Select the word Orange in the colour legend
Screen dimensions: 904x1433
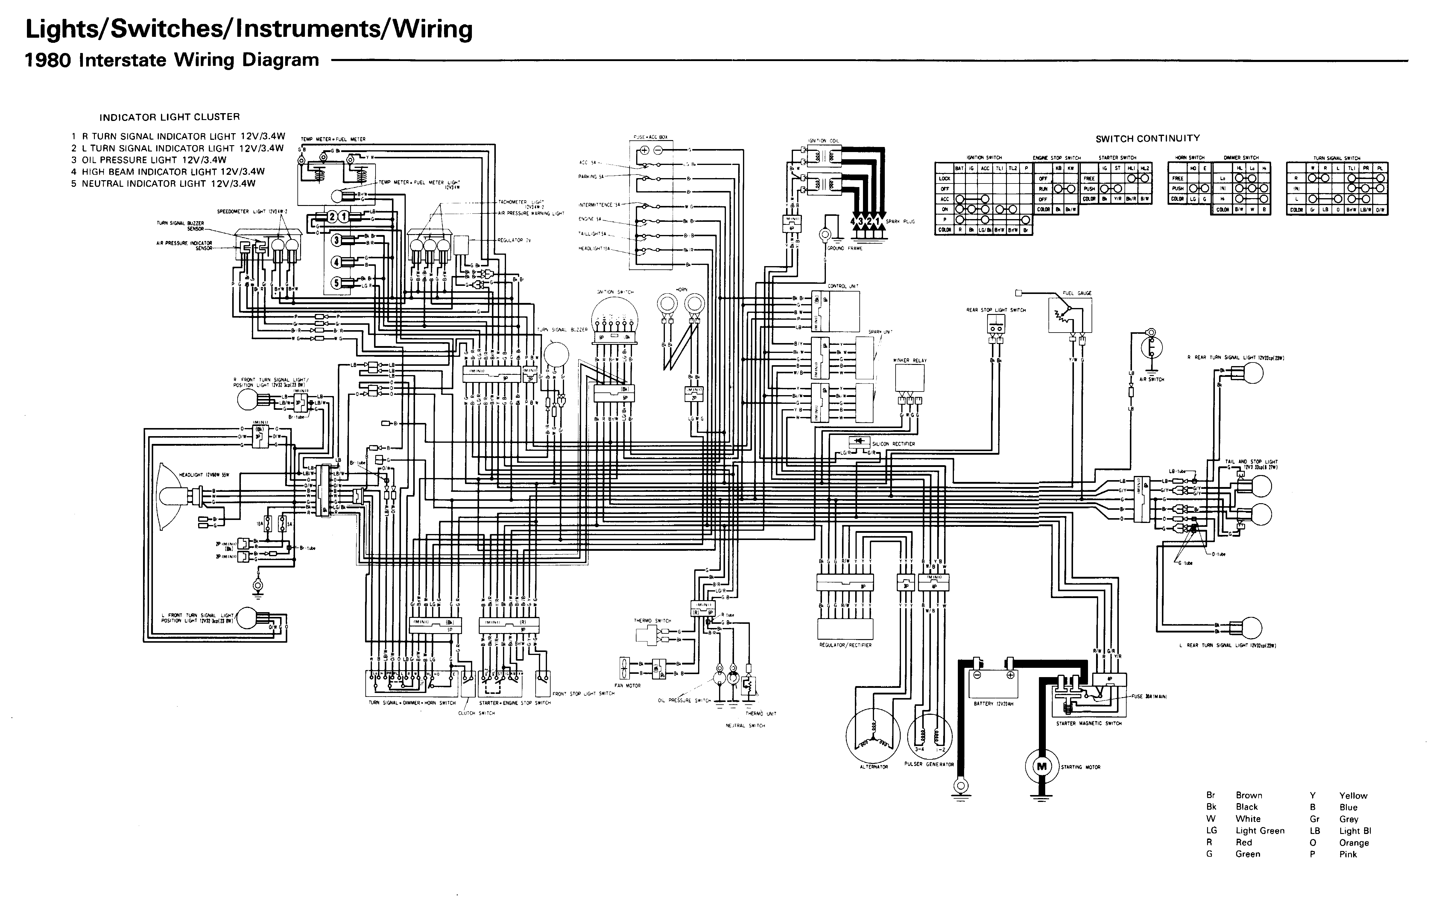click(x=1354, y=843)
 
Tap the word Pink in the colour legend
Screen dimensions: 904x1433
click(x=1348, y=854)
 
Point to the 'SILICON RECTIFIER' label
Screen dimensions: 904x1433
click(x=893, y=444)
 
